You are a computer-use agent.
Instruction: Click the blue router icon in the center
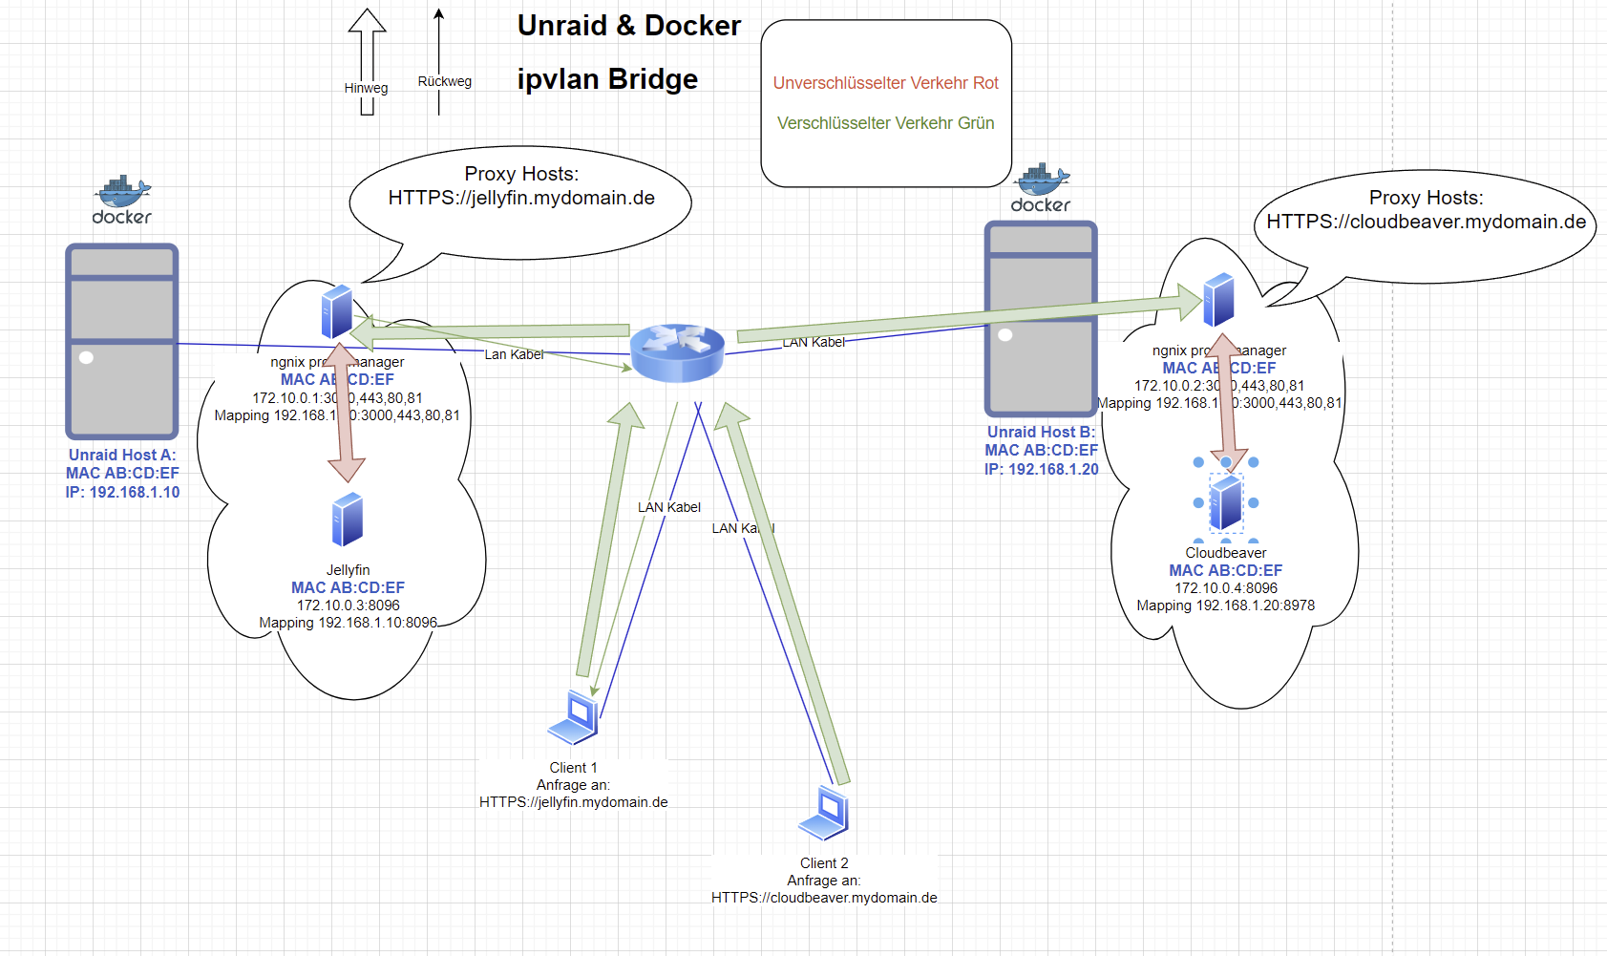click(x=677, y=352)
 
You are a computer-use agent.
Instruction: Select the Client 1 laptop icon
click(x=574, y=717)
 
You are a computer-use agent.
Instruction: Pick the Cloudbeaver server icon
click(x=1225, y=502)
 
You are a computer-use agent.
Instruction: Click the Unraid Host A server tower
click(x=121, y=341)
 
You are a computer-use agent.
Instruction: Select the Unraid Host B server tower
click(x=1041, y=318)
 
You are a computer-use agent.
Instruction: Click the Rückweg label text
click(x=444, y=82)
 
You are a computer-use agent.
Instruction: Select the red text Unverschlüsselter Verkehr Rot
click(x=885, y=83)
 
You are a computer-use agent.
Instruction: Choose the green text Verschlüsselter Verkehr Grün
click(x=885, y=123)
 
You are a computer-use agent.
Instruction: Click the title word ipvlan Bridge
click(x=607, y=79)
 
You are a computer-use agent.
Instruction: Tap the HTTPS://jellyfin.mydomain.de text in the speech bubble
click(x=521, y=199)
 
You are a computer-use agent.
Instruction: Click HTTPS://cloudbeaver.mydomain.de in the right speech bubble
click(x=1426, y=223)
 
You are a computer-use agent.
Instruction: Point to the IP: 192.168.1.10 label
click(x=122, y=493)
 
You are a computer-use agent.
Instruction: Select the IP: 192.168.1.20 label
click(x=1041, y=470)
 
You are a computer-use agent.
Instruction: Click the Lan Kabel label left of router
click(x=514, y=354)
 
